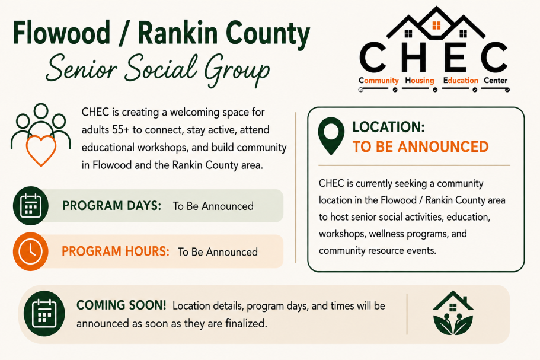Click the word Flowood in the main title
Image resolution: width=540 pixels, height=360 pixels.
(x=62, y=33)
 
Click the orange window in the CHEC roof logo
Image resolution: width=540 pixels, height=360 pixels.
(x=436, y=25)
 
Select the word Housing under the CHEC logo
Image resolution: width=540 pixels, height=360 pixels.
(x=420, y=80)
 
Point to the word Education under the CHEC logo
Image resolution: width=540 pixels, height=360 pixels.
(x=461, y=80)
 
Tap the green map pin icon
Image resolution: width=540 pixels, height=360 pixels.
(x=331, y=136)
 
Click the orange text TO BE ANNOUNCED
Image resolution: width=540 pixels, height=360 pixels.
(x=420, y=146)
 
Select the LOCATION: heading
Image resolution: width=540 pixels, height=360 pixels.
(x=388, y=127)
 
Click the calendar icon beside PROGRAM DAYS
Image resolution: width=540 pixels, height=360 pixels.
(x=31, y=206)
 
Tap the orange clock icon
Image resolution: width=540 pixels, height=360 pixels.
(x=31, y=251)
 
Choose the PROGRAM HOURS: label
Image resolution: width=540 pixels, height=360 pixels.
(x=116, y=251)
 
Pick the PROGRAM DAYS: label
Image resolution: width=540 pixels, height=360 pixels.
(x=111, y=206)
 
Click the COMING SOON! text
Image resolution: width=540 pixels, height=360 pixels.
(x=122, y=305)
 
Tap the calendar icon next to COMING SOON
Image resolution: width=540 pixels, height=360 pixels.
(x=44, y=314)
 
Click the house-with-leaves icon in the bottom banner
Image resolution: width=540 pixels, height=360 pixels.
(x=453, y=313)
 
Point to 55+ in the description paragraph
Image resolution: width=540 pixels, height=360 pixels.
(x=120, y=130)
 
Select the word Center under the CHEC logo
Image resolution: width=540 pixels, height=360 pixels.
(x=496, y=80)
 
